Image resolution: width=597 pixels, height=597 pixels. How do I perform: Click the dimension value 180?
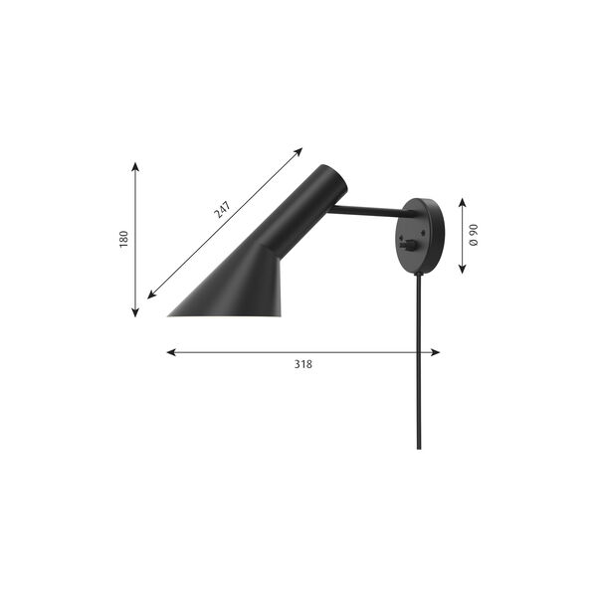[x=124, y=239]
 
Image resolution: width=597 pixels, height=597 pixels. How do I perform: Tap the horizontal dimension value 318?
[x=303, y=364]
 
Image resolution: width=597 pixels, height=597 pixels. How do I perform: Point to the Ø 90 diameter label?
[x=475, y=235]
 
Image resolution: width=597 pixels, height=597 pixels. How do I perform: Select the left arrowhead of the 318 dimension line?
[x=170, y=351]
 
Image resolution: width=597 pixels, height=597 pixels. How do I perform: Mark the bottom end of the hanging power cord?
[x=419, y=447]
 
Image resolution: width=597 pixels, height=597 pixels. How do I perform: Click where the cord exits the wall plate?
[x=419, y=275]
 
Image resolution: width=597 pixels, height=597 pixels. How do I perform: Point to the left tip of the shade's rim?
[x=169, y=315]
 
